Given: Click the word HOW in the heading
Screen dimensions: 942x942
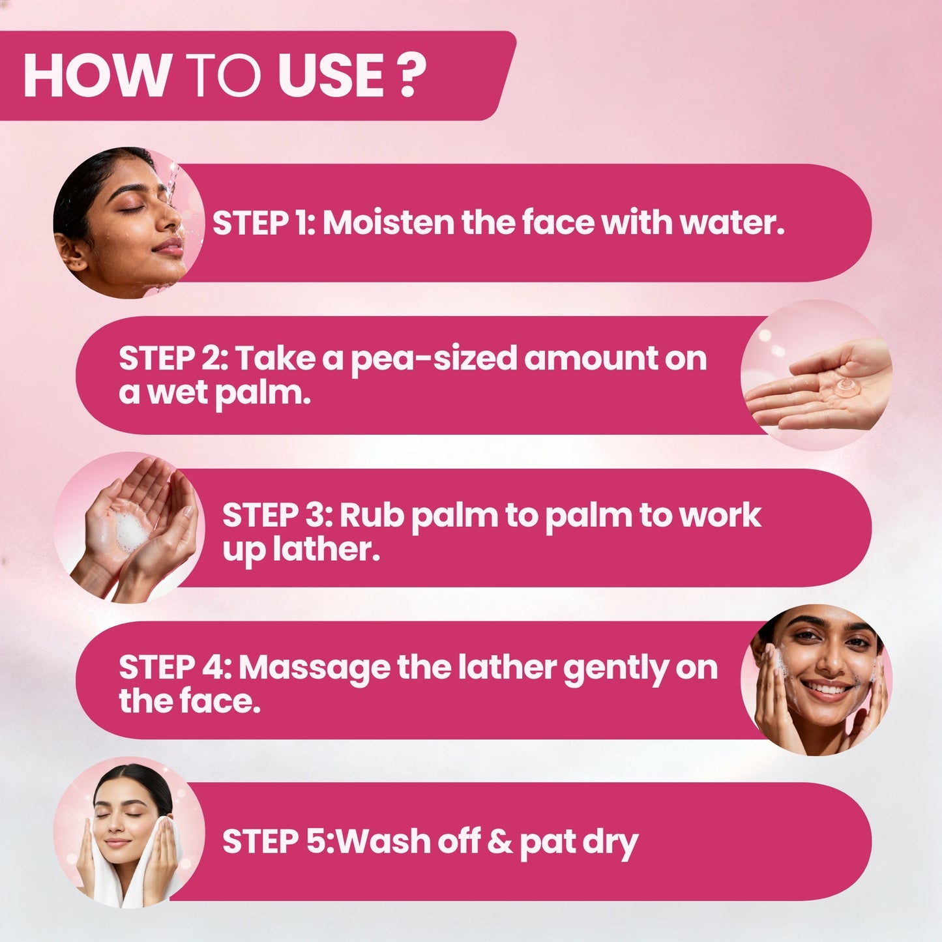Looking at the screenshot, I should (96, 76).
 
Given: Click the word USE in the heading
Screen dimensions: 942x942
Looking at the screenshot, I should (331, 76).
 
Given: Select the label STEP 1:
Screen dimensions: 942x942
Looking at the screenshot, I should (264, 223).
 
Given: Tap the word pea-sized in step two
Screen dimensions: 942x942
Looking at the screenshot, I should (435, 359).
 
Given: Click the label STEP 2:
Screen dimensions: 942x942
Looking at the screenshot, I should (173, 359).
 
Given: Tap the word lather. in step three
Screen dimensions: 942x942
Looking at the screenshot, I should (326, 549).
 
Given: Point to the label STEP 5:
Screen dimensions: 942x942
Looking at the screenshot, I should (278, 841).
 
